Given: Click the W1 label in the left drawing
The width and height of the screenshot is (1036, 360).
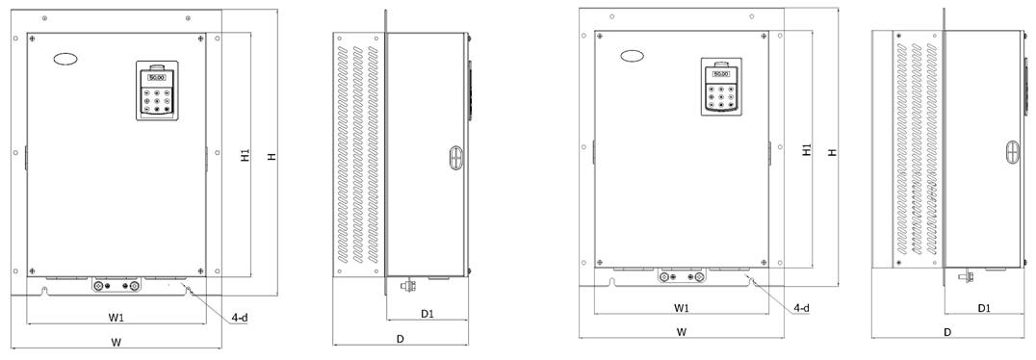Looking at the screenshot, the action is [117, 319].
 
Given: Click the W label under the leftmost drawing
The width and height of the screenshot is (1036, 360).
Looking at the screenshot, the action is [117, 342].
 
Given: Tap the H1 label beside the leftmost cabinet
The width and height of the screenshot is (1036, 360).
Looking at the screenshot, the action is [246, 157].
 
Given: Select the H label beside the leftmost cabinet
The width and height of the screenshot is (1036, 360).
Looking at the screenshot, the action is [271, 157].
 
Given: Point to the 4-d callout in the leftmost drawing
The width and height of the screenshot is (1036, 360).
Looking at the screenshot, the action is [239, 318].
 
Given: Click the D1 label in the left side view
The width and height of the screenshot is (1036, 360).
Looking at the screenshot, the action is [427, 314].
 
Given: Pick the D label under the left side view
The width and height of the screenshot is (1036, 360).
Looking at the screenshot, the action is [401, 339].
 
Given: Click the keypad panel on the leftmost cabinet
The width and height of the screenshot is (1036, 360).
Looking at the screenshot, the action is [157, 91].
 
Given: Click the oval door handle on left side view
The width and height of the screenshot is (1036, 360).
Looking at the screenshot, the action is [455, 159].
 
